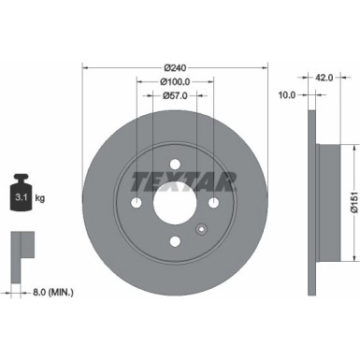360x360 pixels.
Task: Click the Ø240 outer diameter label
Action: point(175,67)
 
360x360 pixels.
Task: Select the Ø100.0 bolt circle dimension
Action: point(175,80)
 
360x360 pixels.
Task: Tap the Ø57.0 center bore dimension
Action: point(175,94)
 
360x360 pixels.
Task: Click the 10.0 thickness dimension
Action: point(287,94)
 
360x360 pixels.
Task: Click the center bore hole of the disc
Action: point(175,202)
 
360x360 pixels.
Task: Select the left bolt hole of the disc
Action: point(137,203)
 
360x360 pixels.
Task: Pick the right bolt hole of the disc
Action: point(213,203)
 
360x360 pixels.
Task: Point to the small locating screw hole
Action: point(200,229)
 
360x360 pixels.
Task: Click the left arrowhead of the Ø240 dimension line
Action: point(86,67)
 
